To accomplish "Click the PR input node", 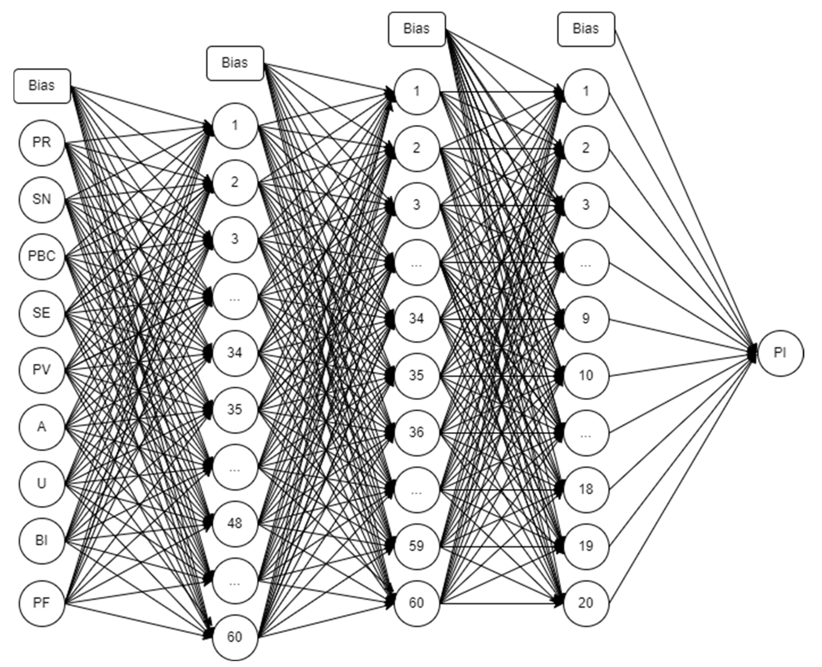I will pyautogui.click(x=42, y=143).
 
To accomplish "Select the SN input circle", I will pyautogui.click(x=42, y=200).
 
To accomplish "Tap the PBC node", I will pyautogui.click(x=42, y=256).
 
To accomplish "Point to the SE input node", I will pyautogui.click(x=42, y=313).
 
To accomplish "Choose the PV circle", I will pyautogui.click(x=42, y=370).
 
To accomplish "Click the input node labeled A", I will pyautogui.click(x=42, y=427).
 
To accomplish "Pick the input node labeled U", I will pyautogui.click(x=42, y=484).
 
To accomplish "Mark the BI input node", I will pyautogui.click(x=42, y=541).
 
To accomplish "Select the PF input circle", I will pyautogui.click(x=42, y=603).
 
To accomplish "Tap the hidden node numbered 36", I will pyautogui.click(x=417, y=433).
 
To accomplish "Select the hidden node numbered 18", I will pyautogui.click(x=586, y=489).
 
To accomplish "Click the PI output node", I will pyautogui.click(x=780, y=353).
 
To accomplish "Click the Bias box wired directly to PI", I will pyautogui.click(x=586, y=29).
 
